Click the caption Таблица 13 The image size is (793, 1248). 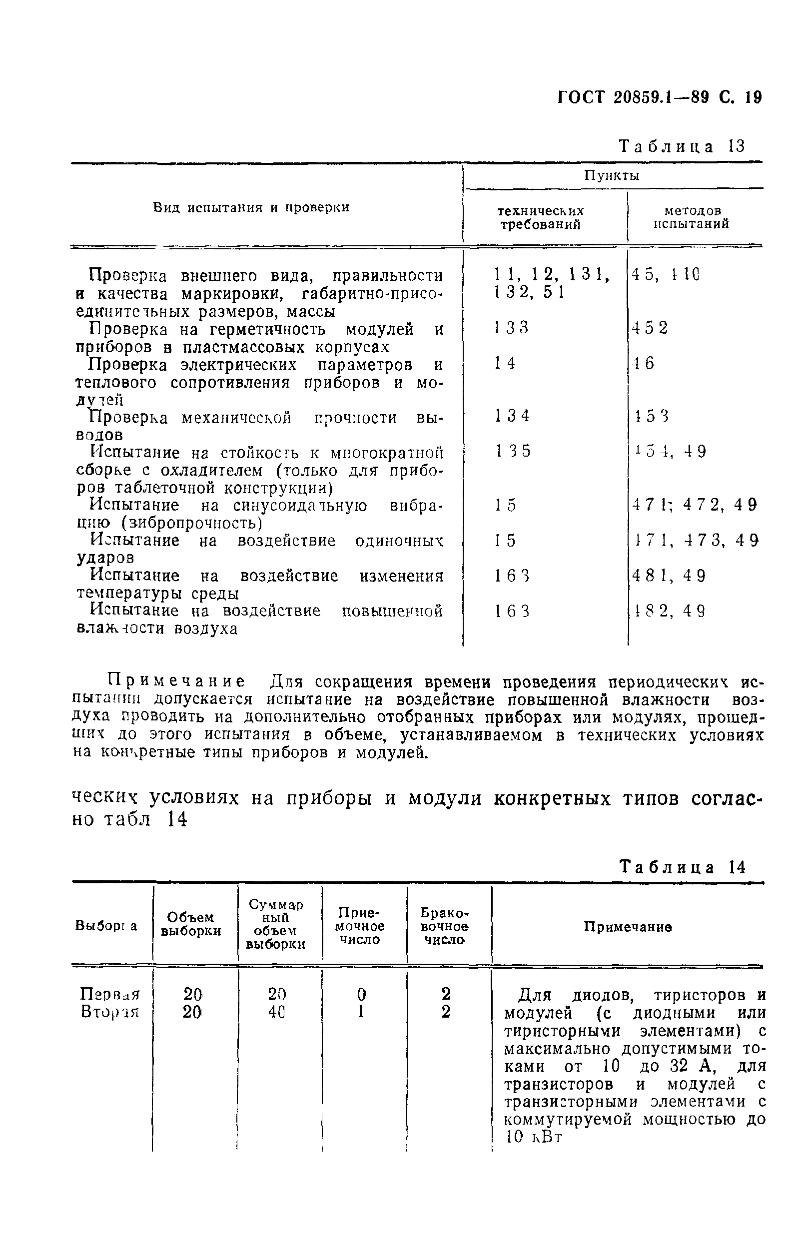point(682,146)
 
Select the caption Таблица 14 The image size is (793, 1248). point(682,867)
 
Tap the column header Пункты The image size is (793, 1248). point(612,176)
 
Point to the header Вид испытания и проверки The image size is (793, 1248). point(251,207)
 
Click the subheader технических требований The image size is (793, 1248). point(540,218)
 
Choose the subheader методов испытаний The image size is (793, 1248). point(692,217)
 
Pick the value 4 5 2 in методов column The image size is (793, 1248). point(650,328)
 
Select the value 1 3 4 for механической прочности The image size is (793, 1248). point(512,416)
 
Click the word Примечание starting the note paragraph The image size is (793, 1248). point(176,681)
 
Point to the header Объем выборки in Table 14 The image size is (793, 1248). point(191,924)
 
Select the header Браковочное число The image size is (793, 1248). point(444,926)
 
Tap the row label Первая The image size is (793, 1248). point(109,994)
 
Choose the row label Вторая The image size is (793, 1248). point(109,1012)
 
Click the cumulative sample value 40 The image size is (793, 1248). point(277,1012)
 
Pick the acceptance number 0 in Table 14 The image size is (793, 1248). point(361,994)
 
